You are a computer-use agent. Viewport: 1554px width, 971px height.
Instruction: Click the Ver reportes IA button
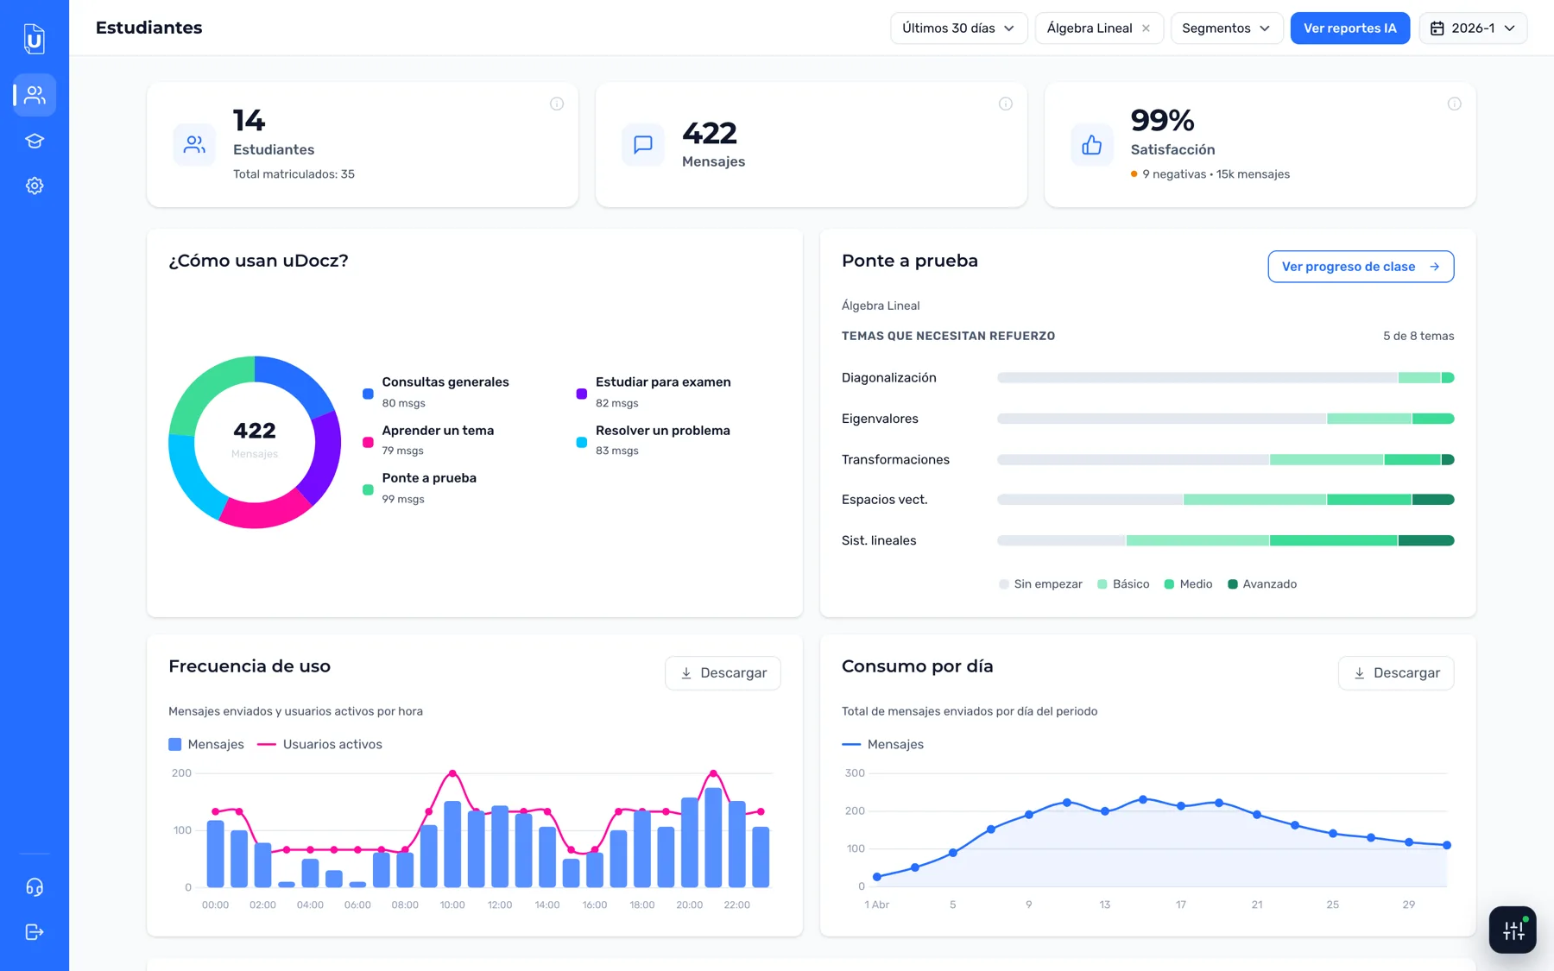coord(1349,28)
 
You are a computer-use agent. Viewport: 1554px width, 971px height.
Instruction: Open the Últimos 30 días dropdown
coord(958,28)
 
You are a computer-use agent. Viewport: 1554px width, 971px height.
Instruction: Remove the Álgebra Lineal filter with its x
coord(1146,28)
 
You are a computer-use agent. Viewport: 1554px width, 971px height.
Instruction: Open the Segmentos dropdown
coord(1226,28)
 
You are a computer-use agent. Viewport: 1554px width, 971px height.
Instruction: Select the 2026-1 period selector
coord(1473,28)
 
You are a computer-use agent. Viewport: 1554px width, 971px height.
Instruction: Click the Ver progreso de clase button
coord(1361,267)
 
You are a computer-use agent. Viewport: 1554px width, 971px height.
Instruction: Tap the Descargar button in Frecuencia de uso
coord(723,673)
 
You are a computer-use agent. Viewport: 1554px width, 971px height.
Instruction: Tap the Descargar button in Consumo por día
coord(1396,673)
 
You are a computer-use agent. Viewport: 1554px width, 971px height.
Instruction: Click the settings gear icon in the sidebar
coord(35,186)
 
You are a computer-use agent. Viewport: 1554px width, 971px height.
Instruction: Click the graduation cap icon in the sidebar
coord(35,141)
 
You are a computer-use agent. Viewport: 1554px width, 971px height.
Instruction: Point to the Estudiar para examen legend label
coord(663,382)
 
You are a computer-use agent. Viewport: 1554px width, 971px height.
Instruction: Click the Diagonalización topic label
coord(889,378)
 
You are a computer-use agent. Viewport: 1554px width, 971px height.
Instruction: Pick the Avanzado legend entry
coord(1262,584)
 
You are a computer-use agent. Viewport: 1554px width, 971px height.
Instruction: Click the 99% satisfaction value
coord(1162,120)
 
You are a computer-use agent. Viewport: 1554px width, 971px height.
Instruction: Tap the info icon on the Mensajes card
coord(1006,104)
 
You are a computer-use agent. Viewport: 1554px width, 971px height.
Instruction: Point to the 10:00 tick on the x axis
coord(452,905)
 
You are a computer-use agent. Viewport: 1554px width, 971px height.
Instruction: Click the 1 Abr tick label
coord(876,905)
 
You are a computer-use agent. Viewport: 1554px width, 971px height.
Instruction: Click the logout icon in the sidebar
coord(35,932)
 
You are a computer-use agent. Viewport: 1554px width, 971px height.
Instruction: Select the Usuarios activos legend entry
coord(320,744)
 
